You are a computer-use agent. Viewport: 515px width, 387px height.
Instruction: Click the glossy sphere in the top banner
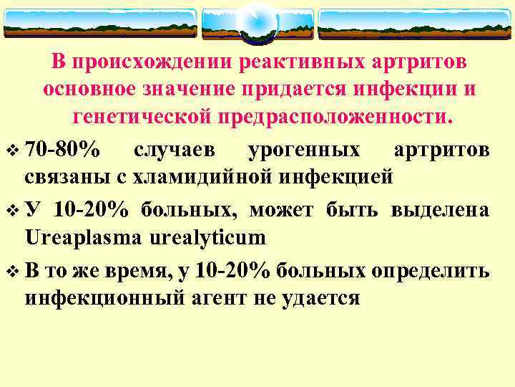click(x=257, y=21)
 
